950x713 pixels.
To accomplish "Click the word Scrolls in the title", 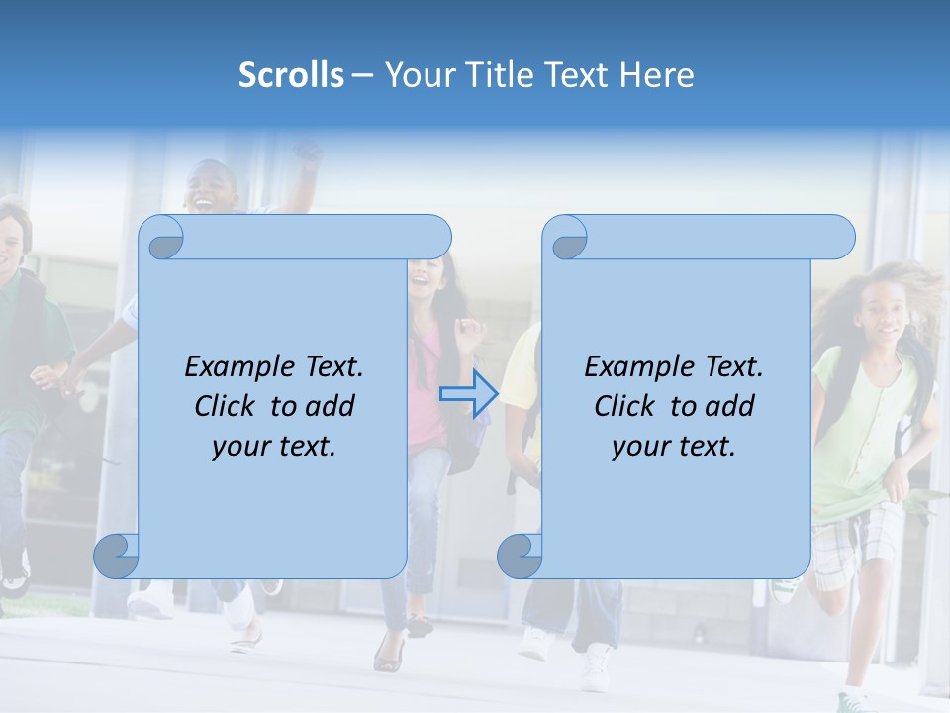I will pyautogui.click(x=291, y=75).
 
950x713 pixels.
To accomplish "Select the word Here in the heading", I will pyautogui.click(x=657, y=75).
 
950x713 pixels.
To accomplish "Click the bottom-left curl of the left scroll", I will pyautogui.click(x=117, y=557).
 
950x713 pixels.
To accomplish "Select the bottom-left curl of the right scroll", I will pyautogui.click(x=520, y=557).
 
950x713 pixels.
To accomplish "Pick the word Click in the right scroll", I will pyautogui.click(x=623, y=406).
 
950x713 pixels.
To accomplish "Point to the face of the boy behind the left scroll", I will pyautogui.click(x=213, y=188).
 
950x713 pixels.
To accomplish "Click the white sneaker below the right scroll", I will pyautogui.click(x=597, y=668).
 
